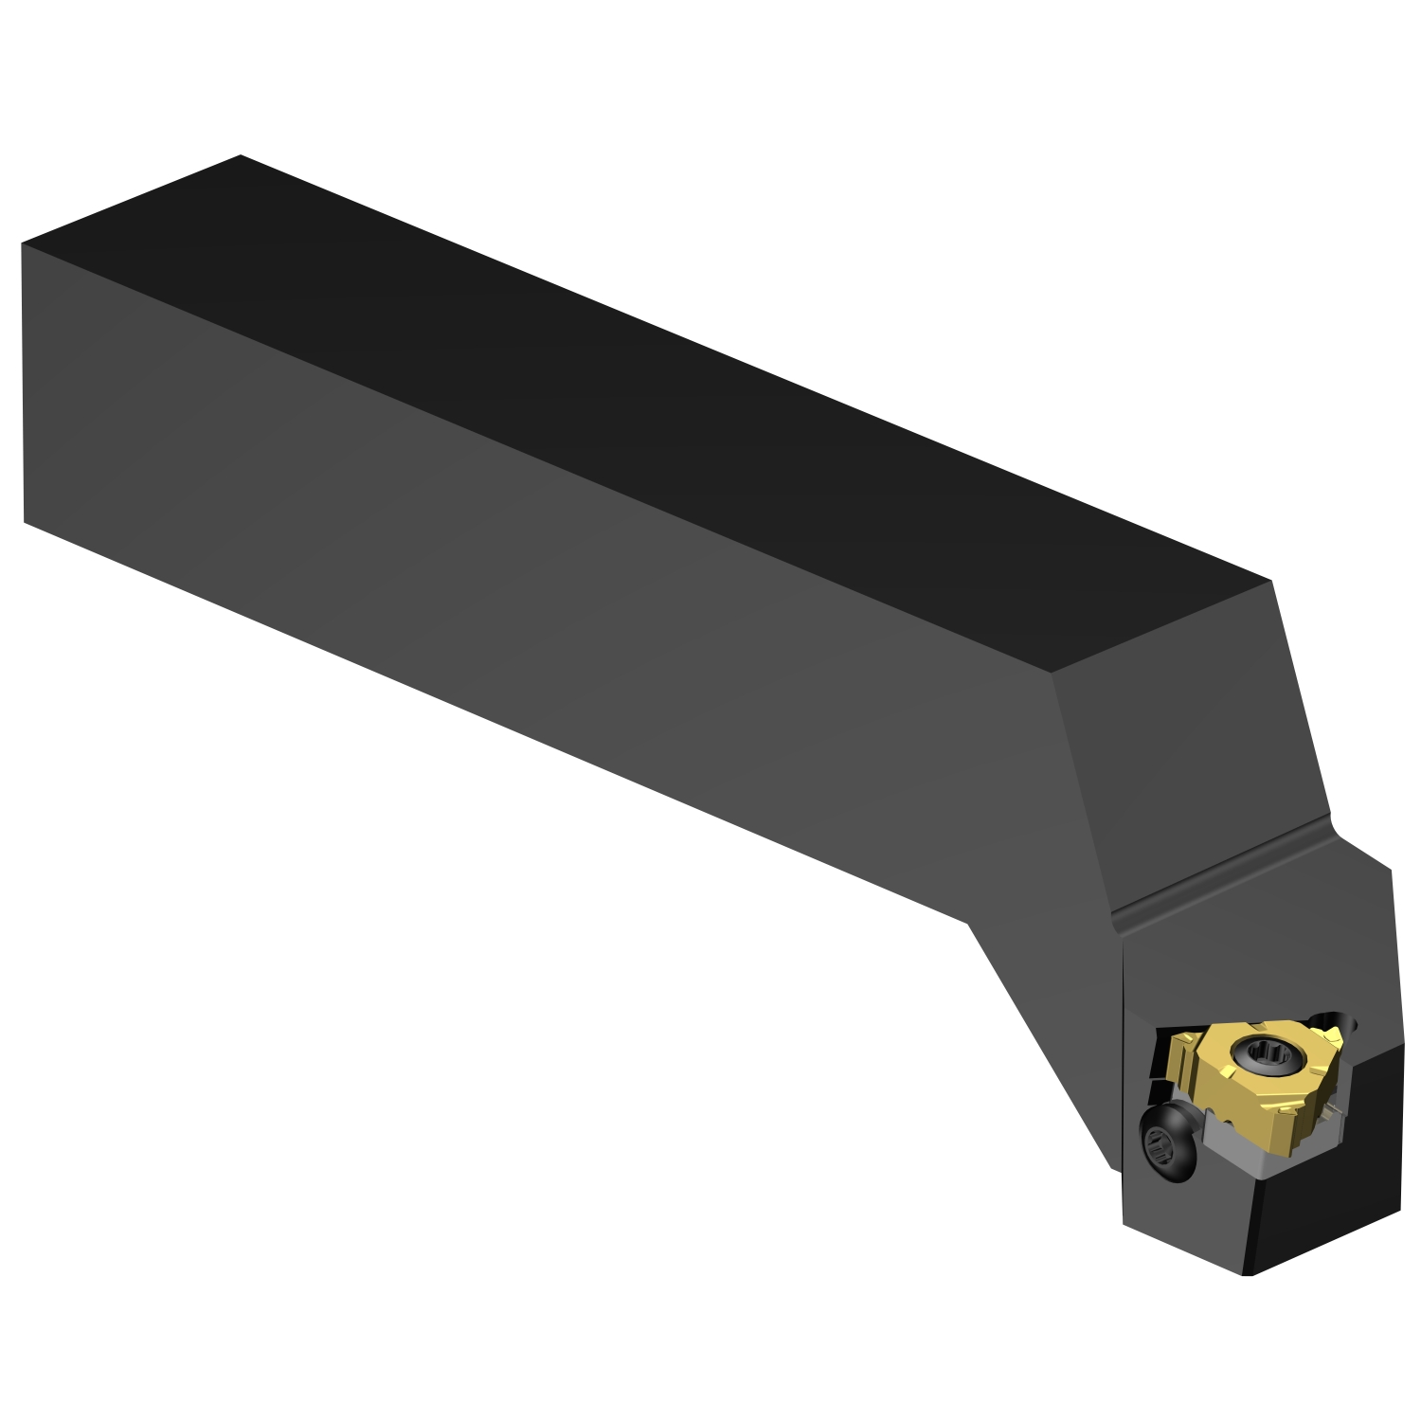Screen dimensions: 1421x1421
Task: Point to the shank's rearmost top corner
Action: [x=241, y=155]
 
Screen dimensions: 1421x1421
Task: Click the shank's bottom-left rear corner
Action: [x=24, y=521]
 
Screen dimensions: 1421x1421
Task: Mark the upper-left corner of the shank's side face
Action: [x=22, y=243]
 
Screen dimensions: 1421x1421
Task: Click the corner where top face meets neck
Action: [x=1053, y=673]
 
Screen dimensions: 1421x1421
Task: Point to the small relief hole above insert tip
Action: [x=1350, y=1021]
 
